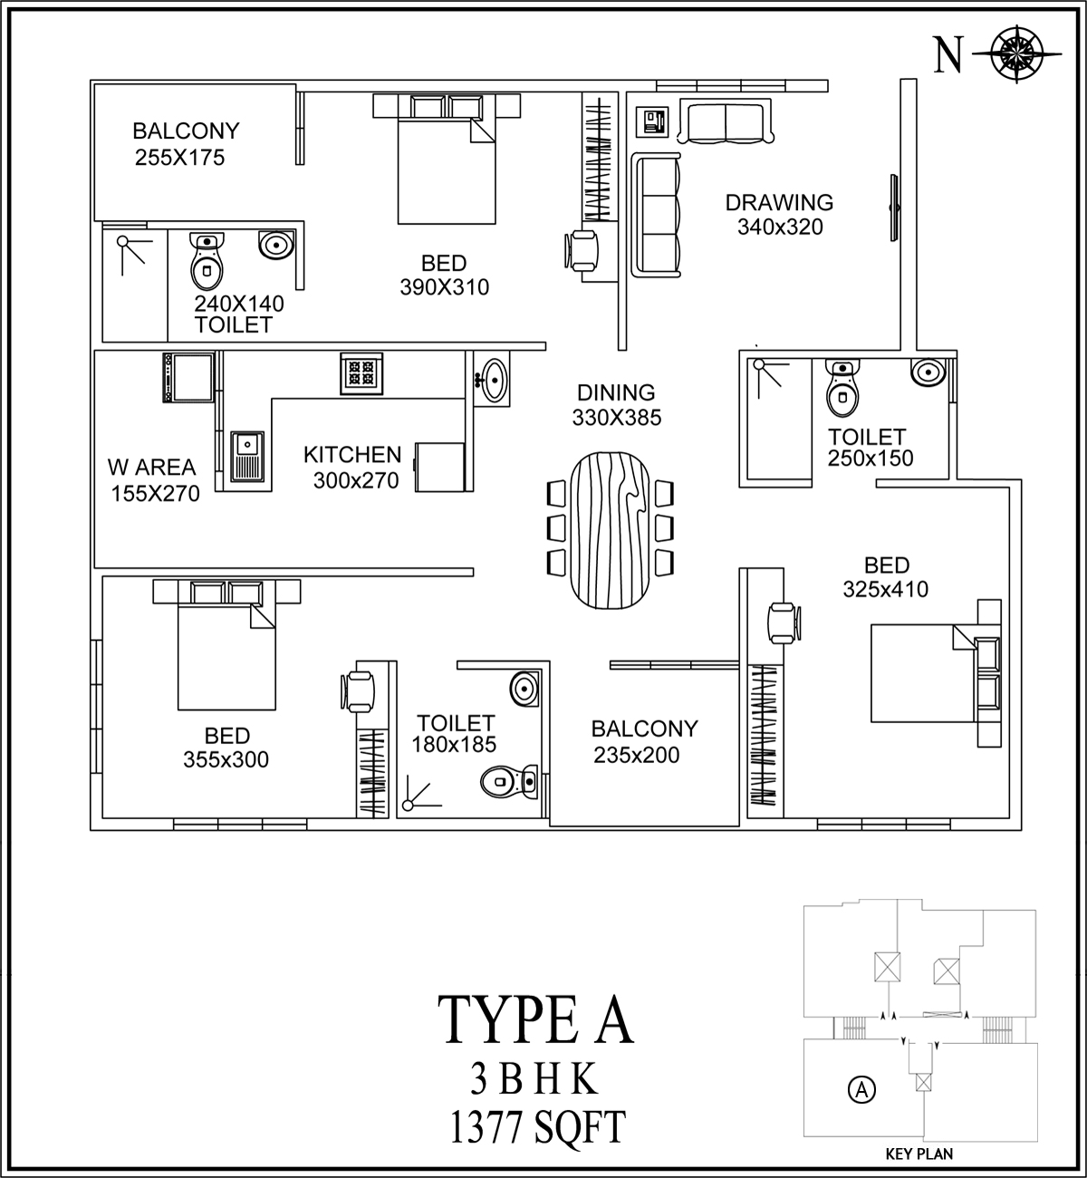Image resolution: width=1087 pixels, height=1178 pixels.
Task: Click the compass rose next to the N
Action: (x=1017, y=54)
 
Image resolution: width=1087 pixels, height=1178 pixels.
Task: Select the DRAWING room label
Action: (x=779, y=203)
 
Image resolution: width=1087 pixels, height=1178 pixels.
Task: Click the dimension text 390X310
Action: (x=444, y=287)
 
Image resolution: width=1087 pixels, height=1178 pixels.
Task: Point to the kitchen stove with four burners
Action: (x=361, y=373)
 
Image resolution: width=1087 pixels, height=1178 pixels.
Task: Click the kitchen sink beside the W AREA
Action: (x=247, y=456)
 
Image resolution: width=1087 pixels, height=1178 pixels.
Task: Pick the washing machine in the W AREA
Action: (x=188, y=377)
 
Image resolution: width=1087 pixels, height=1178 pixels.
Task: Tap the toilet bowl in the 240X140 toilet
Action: (x=207, y=260)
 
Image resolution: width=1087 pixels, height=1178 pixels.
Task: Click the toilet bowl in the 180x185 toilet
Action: (x=509, y=781)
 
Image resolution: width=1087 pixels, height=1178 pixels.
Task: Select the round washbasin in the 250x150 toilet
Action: (x=928, y=372)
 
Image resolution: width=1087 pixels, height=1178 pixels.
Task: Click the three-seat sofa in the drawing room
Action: (x=657, y=214)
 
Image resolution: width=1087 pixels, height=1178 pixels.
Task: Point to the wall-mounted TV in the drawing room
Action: (x=893, y=207)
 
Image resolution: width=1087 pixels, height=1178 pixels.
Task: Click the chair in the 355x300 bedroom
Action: (x=357, y=691)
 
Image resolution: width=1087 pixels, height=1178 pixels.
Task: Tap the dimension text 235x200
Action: (x=636, y=755)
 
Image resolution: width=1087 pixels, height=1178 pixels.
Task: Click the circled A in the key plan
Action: (x=862, y=1089)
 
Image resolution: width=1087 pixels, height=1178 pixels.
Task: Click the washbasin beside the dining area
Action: (x=492, y=379)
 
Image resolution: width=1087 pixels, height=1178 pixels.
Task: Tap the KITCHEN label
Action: (x=353, y=455)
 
